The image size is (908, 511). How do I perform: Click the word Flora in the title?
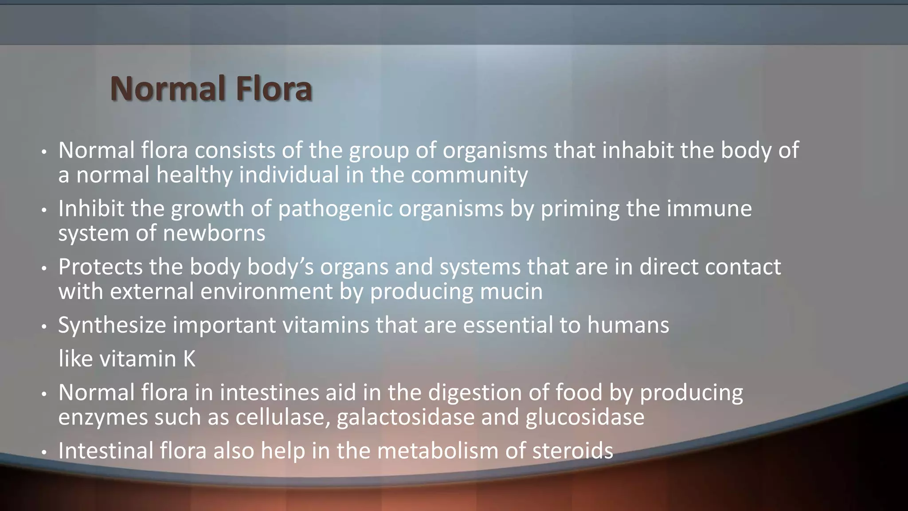click(x=274, y=89)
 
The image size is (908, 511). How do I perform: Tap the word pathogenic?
click(x=335, y=209)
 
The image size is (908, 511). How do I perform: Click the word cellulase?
click(x=283, y=417)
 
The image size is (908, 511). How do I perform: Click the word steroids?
click(x=572, y=451)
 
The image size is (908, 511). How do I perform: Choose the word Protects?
click(x=100, y=267)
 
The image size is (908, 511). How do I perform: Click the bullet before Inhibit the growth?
click(x=43, y=210)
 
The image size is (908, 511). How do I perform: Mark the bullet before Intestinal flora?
click(x=43, y=452)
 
